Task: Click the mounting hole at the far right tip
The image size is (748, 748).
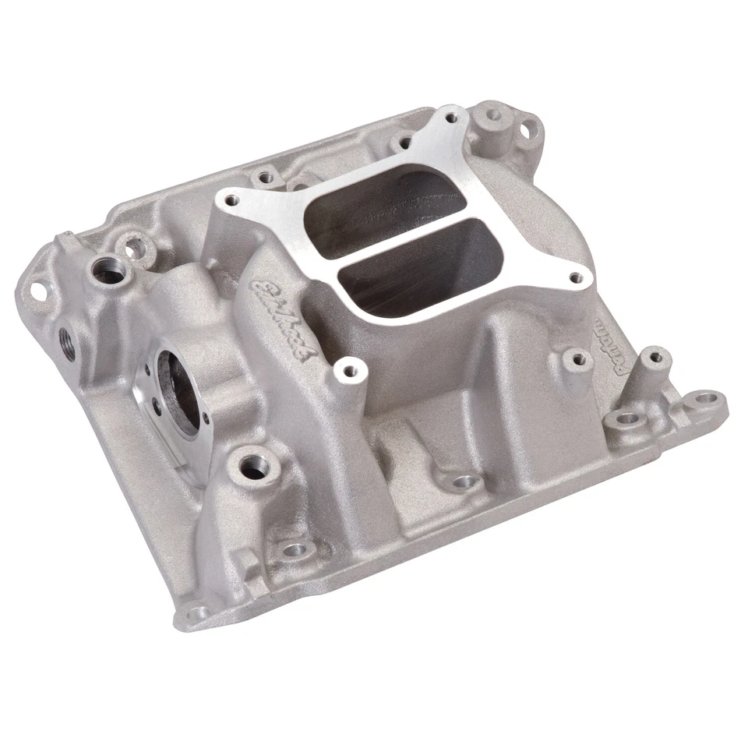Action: click(706, 398)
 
